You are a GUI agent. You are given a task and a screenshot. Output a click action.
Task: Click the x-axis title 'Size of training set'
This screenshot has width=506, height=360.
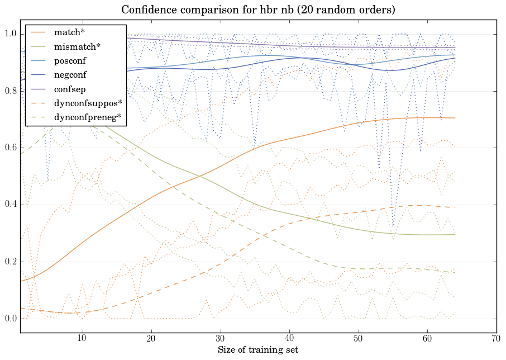(257, 350)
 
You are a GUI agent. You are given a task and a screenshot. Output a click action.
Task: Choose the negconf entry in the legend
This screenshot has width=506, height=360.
(70, 75)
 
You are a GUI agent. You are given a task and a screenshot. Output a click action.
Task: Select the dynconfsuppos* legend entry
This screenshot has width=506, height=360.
(88, 103)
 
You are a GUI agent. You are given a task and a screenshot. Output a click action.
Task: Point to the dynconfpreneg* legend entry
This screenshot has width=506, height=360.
(88, 117)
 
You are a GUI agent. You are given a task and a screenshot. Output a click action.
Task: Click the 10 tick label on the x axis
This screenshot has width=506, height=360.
(82, 339)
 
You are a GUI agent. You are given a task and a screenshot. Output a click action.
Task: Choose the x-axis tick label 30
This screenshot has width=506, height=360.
(220, 339)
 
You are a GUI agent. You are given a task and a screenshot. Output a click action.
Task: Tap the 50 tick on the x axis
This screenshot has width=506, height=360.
(358, 339)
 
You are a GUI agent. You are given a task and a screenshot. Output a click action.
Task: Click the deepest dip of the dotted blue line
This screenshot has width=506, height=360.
(393, 226)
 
